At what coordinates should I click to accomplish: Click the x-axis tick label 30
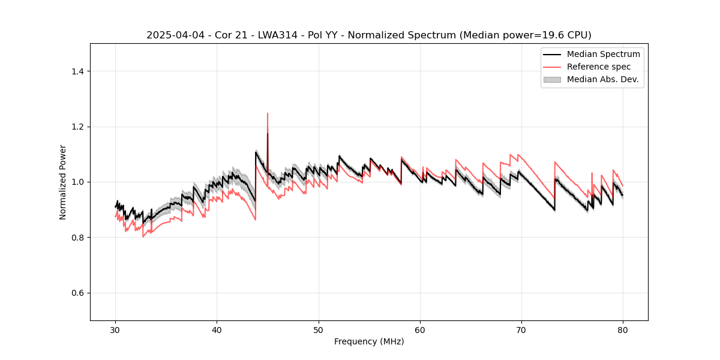tap(116, 329)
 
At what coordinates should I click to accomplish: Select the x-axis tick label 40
tap(217, 329)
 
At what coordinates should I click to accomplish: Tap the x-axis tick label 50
tap(319, 329)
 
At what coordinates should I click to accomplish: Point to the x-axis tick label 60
tap(420, 329)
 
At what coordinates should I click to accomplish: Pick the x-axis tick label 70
tap(521, 329)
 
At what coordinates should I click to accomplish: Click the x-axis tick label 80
tap(623, 329)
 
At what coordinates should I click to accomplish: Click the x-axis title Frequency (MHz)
tap(369, 341)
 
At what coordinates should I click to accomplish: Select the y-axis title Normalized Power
tap(62, 182)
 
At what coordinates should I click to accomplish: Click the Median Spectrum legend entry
tap(603, 54)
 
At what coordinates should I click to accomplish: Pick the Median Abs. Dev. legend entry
tap(603, 79)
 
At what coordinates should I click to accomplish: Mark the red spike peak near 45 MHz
tap(268, 113)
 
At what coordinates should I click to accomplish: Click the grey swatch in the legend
tap(552, 79)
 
